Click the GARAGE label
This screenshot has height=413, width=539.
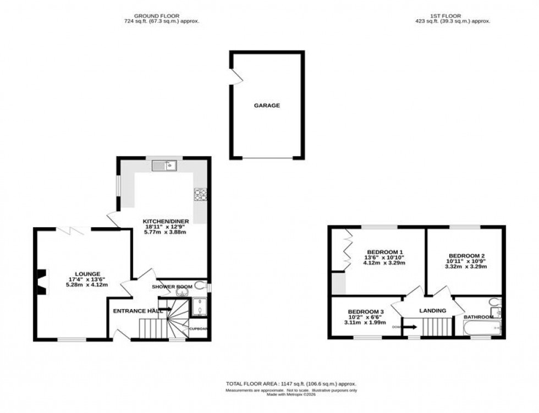[x=267, y=106]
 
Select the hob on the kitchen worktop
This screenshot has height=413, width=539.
[x=200, y=194]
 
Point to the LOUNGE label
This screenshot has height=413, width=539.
[x=88, y=274]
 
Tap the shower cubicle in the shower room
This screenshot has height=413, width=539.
[x=198, y=307]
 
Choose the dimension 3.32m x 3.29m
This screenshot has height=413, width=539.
[x=466, y=267]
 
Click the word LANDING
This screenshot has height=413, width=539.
[x=433, y=311]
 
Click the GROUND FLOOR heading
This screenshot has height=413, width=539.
[x=162, y=16]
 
